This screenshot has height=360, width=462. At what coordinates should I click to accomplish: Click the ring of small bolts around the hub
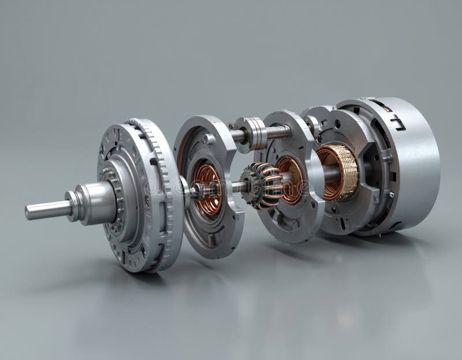point(118,191)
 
